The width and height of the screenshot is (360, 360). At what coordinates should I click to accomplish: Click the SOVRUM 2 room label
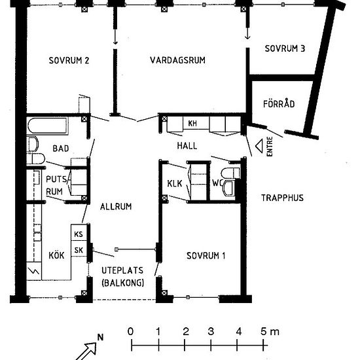(x=69, y=60)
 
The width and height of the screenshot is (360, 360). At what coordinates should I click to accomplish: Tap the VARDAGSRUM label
(x=177, y=60)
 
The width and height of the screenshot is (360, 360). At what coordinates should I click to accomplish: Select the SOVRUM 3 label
(x=285, y=48)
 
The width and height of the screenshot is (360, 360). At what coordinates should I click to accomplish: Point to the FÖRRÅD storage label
(x=279, y=103)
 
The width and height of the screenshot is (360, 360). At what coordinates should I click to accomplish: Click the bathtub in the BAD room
(x=48, y=126)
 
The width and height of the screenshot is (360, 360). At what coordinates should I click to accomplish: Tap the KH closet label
(x=192, y=124)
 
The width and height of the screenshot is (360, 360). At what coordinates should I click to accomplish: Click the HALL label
(x=187, y=146)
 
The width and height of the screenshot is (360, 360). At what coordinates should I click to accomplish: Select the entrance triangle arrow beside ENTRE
(x=259, y=146)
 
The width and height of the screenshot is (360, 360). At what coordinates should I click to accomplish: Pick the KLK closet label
(x=175, y=183)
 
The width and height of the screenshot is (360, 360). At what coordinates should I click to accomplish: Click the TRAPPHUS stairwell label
(x=282, y=198)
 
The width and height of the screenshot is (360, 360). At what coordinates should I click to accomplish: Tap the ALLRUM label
(x=116, y=206)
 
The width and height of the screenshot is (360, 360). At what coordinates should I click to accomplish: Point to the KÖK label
(x=56, y=255)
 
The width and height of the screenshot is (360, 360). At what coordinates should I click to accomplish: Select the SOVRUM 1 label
(x=206, y=255)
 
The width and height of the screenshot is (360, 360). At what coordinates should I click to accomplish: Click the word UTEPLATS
(x=122, y=270)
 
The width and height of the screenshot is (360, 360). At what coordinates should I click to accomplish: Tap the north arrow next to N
(x=87, y=351)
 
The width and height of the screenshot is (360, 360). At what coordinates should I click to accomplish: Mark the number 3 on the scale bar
(x=211, y=331)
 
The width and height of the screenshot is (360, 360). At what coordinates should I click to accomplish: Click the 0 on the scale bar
(x=130, y=331)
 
